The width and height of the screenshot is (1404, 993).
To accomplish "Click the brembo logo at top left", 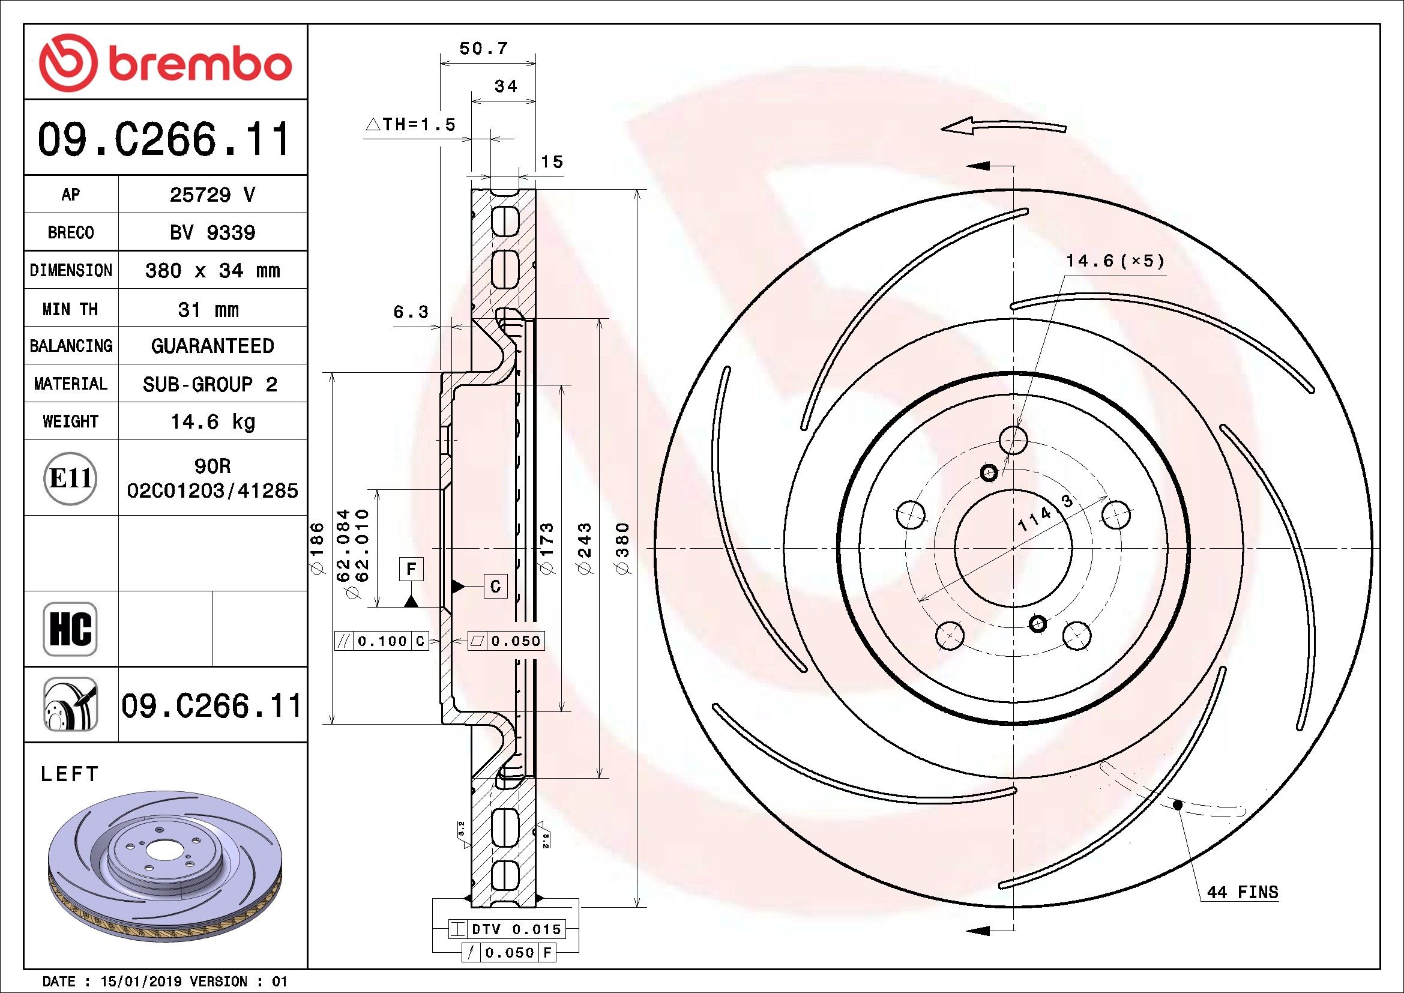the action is [165, 62].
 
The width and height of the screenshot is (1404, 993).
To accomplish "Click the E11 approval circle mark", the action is [71, 478].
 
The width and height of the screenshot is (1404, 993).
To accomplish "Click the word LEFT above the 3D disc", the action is [69, 774].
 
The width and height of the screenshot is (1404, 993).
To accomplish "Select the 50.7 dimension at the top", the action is [483, 48].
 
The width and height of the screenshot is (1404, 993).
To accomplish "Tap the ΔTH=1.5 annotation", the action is [411, 125].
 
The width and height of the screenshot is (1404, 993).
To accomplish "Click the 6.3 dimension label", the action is [411, 312].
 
